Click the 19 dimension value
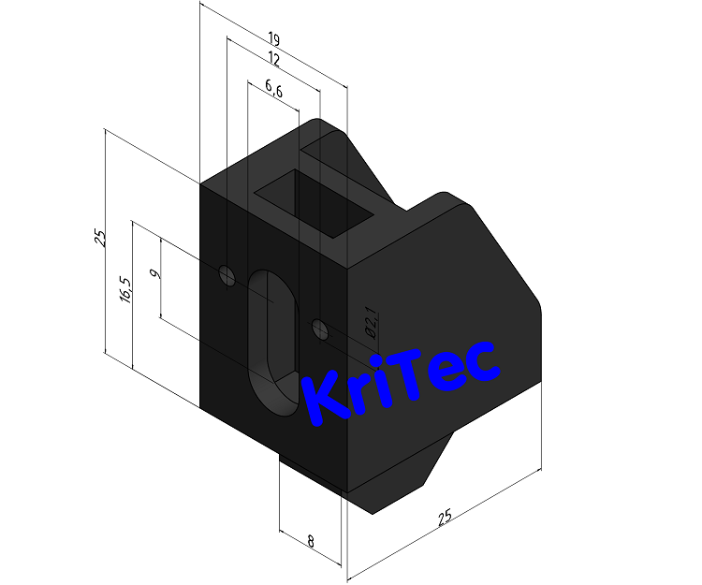(x=273, y=39)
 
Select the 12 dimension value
(x=273, y=59)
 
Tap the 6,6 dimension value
(x=274, y=88)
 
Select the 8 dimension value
(x=310, y=540)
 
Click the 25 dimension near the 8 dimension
(x=446, y=516)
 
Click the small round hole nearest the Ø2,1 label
(x=319, y=329)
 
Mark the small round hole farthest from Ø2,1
(x=226, y=275)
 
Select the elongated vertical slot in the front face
(x=271, y=342)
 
